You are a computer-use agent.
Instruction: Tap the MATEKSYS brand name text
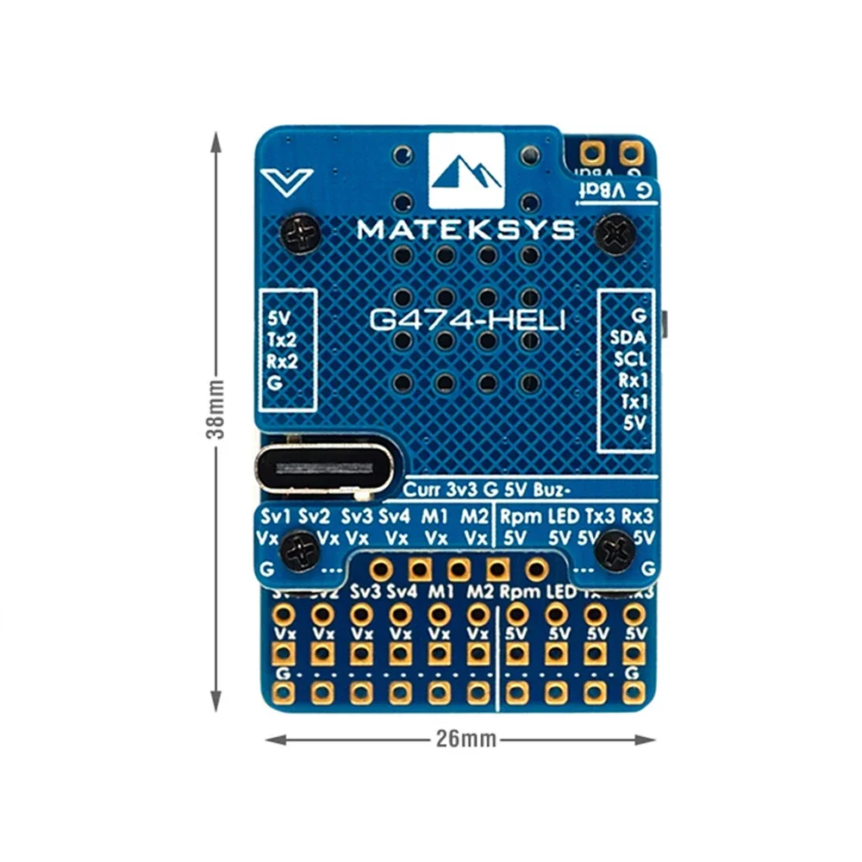465,229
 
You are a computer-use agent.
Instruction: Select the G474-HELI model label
467,321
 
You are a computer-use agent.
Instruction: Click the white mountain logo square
466,171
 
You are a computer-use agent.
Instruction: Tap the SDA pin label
628,337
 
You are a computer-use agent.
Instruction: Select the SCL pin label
630,359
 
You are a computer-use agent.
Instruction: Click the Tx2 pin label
282,339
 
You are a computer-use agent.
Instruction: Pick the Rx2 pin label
283,360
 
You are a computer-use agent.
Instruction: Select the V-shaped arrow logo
286,181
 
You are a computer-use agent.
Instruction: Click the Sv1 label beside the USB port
275,517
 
